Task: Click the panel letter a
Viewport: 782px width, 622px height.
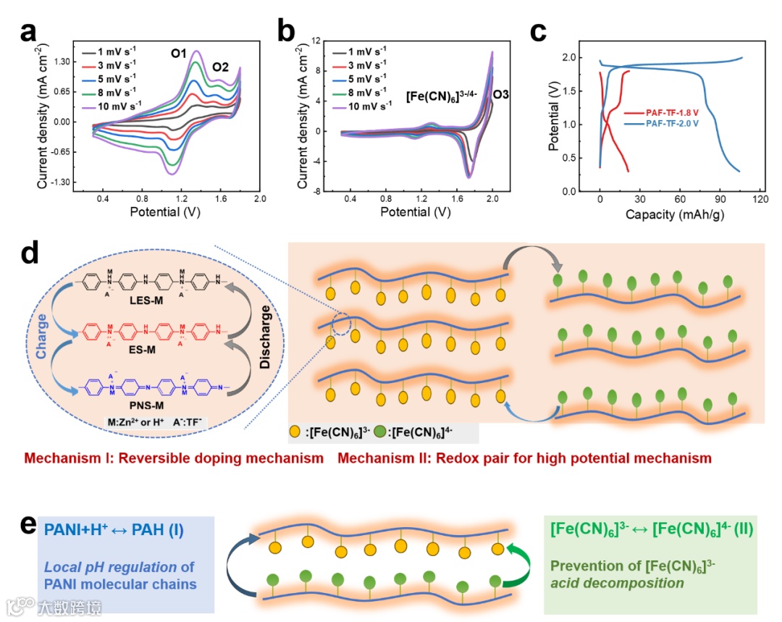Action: coord(29,33)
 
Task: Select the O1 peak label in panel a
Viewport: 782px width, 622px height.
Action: coord(180,53)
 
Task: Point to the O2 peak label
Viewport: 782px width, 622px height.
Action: coord(220,67)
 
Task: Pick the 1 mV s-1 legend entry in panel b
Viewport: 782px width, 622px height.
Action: coord(360,51)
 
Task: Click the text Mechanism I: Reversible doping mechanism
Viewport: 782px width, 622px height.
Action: coord(174,458)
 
